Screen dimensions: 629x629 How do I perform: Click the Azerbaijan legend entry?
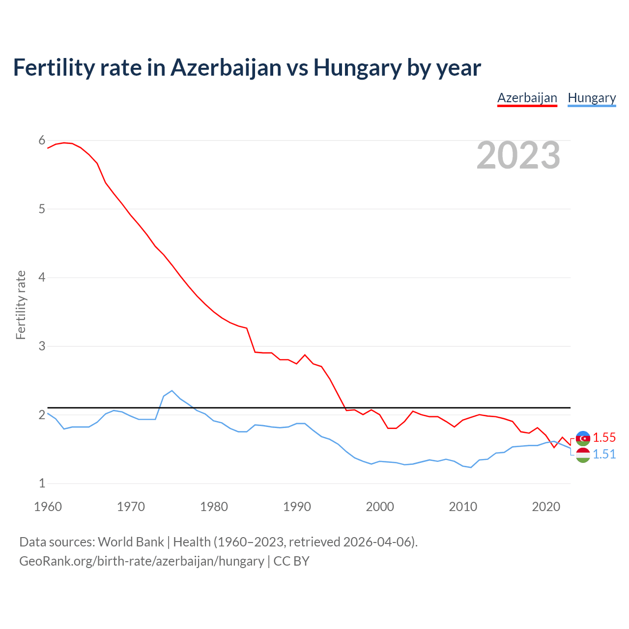(527, 98)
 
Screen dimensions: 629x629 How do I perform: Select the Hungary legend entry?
(592, 98)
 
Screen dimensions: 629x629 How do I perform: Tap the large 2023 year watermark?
(518, 155)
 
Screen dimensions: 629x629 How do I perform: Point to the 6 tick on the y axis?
(42, 141)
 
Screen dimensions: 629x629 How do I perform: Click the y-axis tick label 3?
(42, 346)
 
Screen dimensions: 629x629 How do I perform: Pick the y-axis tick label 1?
(42, 483)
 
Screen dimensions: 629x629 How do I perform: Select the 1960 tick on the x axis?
(48, 507)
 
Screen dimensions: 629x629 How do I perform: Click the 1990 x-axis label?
(297, 507)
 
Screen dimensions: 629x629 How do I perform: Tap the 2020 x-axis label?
(546, 507)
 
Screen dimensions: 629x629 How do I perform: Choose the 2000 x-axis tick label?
(380, 507)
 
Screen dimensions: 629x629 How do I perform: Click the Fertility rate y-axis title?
(21, 305)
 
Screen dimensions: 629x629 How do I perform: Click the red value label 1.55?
(604, 437)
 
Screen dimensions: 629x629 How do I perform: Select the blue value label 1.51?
(604, 454)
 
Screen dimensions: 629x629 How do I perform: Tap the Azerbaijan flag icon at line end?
(583, 438)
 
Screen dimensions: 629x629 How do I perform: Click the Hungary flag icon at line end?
(583, 455)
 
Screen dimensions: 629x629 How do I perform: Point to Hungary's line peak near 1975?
(172, 391)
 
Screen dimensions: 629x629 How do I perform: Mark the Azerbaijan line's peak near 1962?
(64, 143)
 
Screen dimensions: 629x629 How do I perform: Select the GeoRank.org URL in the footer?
(142, 561)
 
